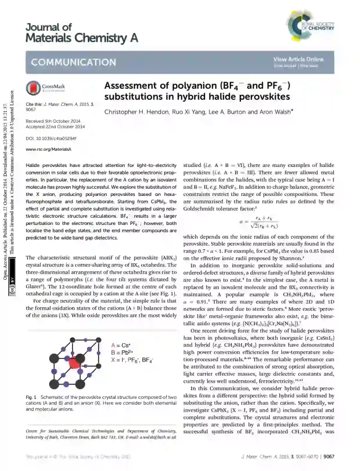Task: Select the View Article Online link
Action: pos(298,59)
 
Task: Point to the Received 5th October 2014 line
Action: pos(53,121)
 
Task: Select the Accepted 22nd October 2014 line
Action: pos(54,127)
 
